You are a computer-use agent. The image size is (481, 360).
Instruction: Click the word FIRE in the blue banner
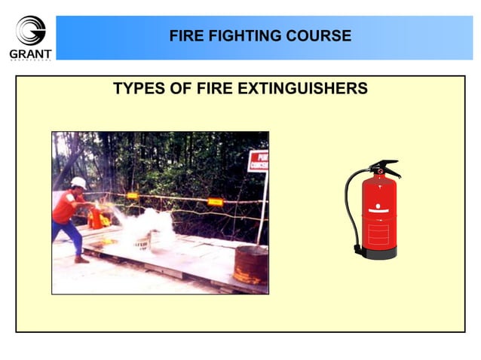click(x=184, y=35)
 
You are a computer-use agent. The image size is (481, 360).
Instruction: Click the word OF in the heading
click(x=179, y=89)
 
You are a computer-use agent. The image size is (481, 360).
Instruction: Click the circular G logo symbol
click(x=30, y=31)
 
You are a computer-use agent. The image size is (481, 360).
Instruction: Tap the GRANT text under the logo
click(x=30, y=54)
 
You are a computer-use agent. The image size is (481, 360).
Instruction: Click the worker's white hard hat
click(x=78, y=182)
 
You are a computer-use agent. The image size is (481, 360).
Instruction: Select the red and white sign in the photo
click(x=258, y=161)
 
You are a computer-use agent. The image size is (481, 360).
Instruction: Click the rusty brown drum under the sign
click(x=250, y=264)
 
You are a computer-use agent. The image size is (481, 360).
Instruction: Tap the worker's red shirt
click(x=66, y=206)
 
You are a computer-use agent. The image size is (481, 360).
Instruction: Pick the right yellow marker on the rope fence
click(x=215, y=202)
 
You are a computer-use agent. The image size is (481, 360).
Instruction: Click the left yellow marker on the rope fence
click(x=133, y=196)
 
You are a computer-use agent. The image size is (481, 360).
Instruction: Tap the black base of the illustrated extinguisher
click(x=379, y=254)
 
